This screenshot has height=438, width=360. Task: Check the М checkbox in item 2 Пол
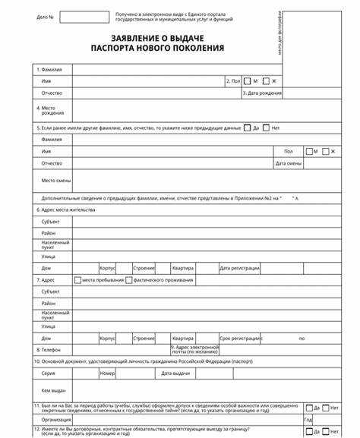(x=248, y=80)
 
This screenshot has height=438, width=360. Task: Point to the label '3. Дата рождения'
(x=262, y=93)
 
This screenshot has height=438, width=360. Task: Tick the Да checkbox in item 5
(x=248, y=128)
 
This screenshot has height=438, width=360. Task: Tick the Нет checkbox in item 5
(x=267, y=128)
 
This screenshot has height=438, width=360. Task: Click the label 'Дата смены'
(x=289, y=163)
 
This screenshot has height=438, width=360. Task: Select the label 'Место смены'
(x=55, y=180)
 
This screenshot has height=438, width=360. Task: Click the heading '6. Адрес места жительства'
(x=65, y=209)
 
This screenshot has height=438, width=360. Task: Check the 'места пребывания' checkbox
(x=78, y=279)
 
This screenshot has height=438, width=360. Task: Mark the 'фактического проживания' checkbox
(x=129, y=279)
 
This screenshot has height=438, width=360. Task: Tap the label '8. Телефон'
(x=49, y=350)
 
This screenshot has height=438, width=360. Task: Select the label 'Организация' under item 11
(x=56, y=419)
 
